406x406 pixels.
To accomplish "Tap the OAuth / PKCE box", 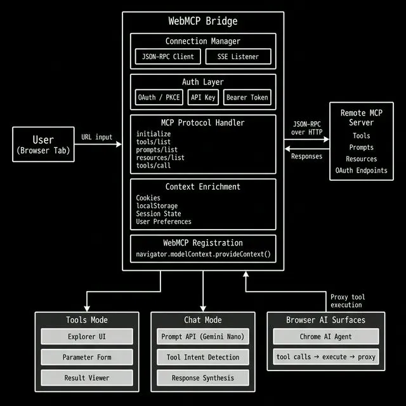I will point(159,97).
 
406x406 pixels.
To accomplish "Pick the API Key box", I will point(203,97).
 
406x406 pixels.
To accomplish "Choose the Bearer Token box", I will point(247,97).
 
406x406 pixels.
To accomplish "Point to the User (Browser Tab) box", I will point(43,145).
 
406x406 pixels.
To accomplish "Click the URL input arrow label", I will point(96,137).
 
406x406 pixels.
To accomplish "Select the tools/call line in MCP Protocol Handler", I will point(154,166).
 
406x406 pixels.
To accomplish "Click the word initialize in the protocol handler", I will point(154,134).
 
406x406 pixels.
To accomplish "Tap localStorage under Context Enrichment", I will point(157,206).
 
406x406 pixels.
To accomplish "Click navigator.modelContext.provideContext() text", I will point(203,254).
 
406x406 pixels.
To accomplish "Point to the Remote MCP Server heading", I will point(362,117).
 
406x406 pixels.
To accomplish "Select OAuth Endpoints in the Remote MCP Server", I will point(362,170).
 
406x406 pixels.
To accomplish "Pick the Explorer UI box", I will point(87,336).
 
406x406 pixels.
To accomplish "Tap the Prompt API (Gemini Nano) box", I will point(203,336).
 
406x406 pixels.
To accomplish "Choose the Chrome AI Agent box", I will point(325,336).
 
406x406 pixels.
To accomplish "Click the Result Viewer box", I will point(87,377).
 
